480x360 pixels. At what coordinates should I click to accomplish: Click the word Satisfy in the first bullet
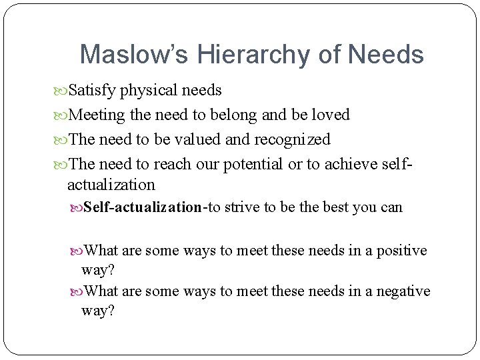[x=92, y=90]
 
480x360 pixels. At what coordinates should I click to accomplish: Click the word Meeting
[x=97, y=115]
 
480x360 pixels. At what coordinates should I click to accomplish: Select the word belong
[x=235, y=115]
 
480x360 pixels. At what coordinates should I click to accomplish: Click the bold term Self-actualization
[x=143, y=207]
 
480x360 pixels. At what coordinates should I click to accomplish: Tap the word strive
[x=243, y=207]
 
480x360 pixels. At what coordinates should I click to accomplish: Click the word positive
[x=402, y=251]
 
